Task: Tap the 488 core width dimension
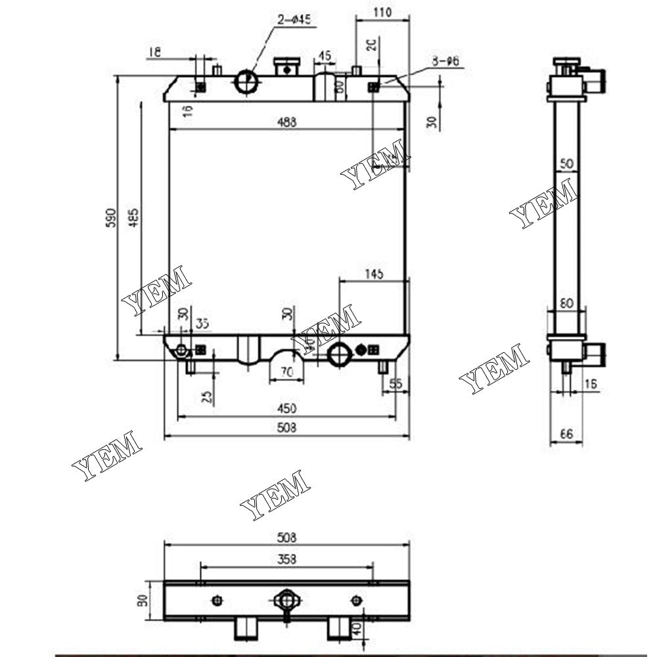(x=286, y=122)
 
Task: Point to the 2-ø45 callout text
(x=294, y=20)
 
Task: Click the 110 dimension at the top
(x=382, y=12)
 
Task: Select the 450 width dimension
(x=286, y=409)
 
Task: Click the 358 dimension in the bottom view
(x=286, y=559)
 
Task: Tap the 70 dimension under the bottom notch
(x=286, y=372)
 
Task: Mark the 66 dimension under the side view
(x=566, y=434)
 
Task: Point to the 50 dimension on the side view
(x=566, y=163)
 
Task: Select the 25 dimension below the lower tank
(x=208, y=397)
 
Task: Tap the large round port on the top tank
(x=247, y=81)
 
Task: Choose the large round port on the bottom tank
(x=341, y=353)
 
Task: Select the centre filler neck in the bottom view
(x=286, y=600)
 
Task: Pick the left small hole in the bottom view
(x=217, y=600)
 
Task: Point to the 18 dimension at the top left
(x=154, y=52)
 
